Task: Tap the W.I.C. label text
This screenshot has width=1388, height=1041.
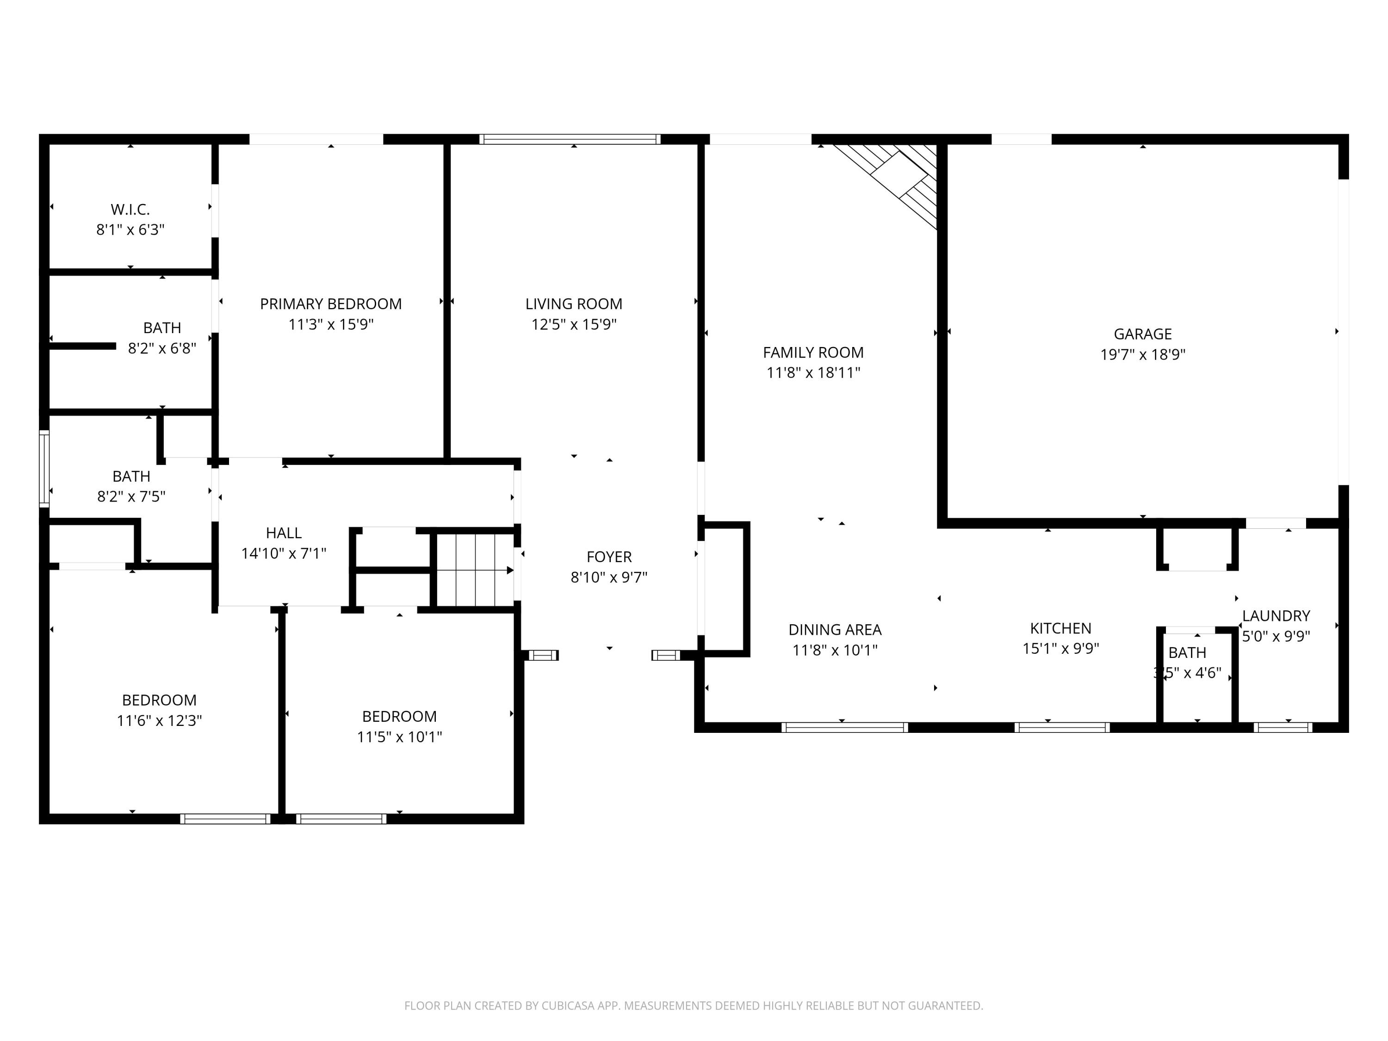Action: [130, 210]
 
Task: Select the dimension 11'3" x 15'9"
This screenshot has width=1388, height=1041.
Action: [331, 324]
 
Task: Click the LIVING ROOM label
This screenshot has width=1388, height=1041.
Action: [574, 304]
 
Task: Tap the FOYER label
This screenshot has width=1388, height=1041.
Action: [609, 557]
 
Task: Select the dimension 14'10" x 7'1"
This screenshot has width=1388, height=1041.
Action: [284, 553]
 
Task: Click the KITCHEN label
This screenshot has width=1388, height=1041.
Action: [1060, 628]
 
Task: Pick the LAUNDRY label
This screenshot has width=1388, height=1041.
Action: [1276, 615]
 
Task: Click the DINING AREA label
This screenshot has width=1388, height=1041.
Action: [835, 629]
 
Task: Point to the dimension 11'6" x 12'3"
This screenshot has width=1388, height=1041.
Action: [159, 720]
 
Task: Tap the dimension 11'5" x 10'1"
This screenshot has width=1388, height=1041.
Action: [399, 737]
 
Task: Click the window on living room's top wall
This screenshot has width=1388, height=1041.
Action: [570, 139]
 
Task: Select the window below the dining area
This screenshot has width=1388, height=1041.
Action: [844, 727]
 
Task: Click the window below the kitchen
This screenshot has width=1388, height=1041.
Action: [1062, 727]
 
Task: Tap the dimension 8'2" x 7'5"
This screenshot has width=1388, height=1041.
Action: [131, 497]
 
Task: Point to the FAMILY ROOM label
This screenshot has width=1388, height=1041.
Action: [813, 352]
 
